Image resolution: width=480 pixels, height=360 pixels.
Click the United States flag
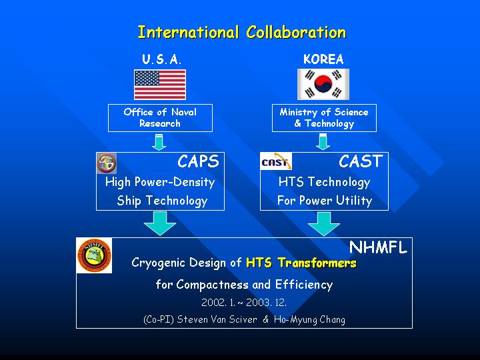160,85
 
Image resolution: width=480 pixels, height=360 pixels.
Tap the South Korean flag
323,84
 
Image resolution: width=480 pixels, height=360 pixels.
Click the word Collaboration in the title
296,32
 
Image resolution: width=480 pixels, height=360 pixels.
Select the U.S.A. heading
161,59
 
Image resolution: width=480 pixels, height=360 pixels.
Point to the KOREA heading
323,59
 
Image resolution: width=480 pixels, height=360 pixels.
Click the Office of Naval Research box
160,118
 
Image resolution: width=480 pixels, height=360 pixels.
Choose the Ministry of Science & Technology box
324,118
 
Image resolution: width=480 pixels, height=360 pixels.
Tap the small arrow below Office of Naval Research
159,142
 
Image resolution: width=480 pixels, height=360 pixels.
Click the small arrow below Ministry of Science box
323,142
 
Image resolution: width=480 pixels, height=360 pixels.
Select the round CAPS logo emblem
107,163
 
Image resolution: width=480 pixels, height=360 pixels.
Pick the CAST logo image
276,161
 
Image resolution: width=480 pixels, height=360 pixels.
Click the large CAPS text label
199,161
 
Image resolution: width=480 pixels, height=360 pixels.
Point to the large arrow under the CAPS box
160,223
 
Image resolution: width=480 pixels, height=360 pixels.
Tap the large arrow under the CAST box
324,223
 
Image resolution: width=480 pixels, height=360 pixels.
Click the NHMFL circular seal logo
94,256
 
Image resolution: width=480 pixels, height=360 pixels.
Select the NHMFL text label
378,247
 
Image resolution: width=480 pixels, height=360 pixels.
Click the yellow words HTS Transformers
301,263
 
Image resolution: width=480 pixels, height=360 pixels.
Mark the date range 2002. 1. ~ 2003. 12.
244,303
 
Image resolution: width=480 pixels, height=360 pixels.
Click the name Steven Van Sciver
217,319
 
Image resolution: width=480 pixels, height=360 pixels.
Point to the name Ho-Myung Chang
309,319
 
